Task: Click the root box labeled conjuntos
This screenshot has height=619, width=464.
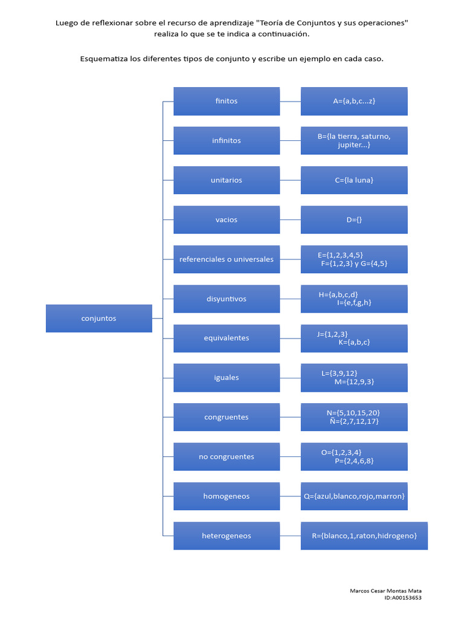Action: (99, 318)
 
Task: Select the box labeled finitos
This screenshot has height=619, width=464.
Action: (227, 101)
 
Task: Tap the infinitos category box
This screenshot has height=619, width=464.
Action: (227, 140)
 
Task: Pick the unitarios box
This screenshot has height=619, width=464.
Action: (227, 180)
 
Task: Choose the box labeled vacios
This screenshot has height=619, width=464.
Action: (227, 219)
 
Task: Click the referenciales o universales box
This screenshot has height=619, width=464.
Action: (227, 259)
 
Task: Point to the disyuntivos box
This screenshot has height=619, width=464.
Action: (227, 299)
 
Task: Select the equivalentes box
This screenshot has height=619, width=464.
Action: (227, 339)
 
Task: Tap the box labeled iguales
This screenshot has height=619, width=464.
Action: (227, 378)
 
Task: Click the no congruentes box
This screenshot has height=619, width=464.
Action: (227, 457)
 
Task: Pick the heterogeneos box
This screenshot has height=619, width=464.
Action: (227, 536)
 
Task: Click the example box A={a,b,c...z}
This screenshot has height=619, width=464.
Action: (354, 101)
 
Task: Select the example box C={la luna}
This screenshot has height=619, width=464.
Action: (354, 180)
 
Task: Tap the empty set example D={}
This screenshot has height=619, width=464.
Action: (354, 219)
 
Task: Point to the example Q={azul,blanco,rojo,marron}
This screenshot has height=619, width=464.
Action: (354, 496)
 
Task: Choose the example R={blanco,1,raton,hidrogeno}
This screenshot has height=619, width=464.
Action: (364, 536)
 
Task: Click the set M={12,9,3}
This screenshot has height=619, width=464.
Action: (354, 382)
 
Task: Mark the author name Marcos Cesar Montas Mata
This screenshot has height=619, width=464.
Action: (385, 591)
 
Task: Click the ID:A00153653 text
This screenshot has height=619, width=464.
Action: (403, 598)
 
